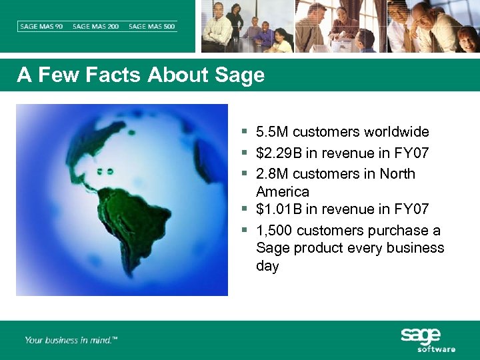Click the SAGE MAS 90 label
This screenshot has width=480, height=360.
pos(41,27)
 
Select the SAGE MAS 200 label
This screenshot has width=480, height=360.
pos(96,27)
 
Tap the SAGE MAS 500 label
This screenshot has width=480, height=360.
pos(152,27)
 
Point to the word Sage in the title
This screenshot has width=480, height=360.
pos(240,75)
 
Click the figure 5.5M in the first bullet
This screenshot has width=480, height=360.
pos(273,132)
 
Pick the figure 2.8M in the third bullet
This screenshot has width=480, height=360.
pos(273,174)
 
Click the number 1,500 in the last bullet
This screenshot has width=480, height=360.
pos(274,231)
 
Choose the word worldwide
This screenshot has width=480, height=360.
pos(397,132)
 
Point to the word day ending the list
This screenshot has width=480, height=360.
pos(267,266)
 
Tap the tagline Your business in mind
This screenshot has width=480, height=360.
pos(71,340)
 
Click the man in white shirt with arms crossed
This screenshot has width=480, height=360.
pos(217,27)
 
